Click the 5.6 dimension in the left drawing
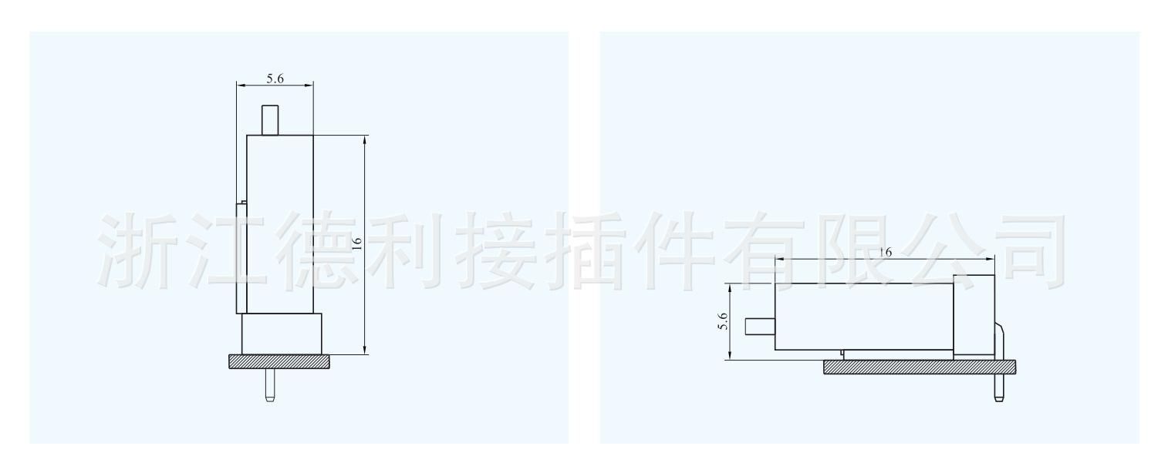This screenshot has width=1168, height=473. tap(275, 79)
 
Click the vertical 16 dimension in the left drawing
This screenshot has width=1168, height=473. tap(356, 242)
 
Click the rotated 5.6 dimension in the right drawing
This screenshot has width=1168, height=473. tap(723, 320)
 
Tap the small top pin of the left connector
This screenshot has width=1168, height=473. tap(269, 120)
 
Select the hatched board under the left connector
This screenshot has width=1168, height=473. tap(279, 361)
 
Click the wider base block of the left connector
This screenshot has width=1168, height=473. tap(281, 334)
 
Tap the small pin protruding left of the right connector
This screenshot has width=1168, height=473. tap(760, 326)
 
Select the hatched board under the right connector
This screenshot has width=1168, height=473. tap(922, 367)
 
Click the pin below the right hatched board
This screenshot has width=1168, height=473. tap(999, 389)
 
